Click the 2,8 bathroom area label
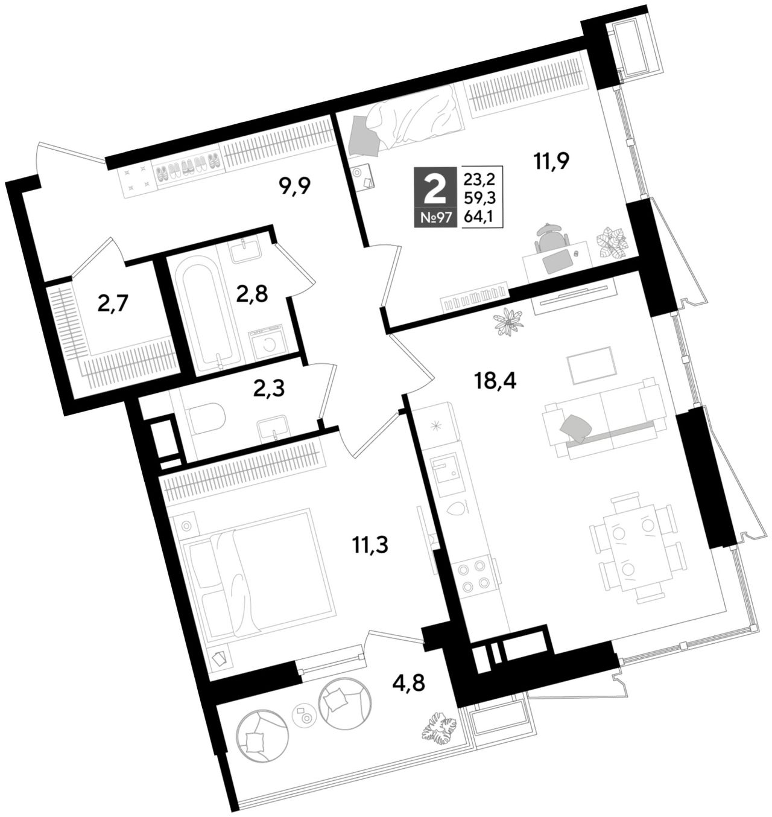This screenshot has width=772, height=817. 252,294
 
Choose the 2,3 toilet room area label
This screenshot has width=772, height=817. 269,389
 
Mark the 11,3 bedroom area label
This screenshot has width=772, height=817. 370,545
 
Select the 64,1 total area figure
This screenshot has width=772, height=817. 479,217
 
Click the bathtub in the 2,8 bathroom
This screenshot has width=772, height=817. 203,311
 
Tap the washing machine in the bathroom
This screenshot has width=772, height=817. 267,342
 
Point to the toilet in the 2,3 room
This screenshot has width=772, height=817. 206,418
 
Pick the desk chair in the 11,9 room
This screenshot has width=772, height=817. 552,237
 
